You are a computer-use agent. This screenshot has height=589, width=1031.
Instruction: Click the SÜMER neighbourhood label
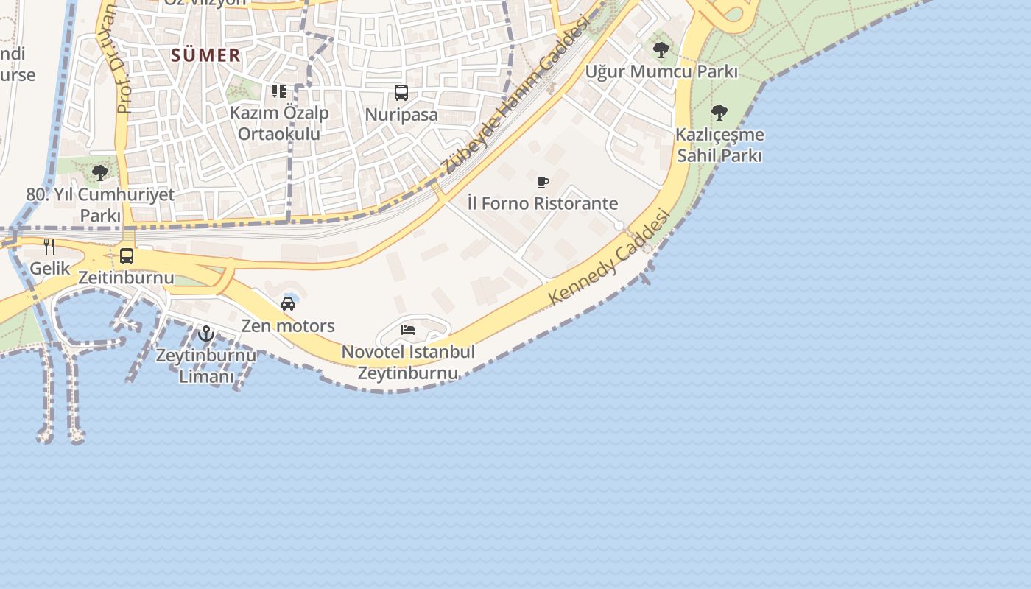(205, 55)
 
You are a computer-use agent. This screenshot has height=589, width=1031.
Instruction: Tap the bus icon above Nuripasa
(401, 93)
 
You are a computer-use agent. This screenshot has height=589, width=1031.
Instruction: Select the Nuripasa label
(401, 115)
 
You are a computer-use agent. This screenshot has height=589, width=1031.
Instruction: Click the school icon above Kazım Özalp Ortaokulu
(278, 91)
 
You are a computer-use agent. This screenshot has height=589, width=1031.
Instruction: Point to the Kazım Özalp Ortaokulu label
(279, 124)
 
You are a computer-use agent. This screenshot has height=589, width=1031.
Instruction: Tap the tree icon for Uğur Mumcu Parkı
(661, 50)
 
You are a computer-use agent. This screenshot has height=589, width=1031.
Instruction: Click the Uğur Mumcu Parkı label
(661, 72)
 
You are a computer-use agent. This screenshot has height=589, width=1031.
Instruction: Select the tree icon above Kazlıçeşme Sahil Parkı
(719, 113)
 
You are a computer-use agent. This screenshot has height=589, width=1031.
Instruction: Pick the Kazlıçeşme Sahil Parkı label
(720, 145)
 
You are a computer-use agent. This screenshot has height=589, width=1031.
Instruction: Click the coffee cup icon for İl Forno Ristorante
(543, 182)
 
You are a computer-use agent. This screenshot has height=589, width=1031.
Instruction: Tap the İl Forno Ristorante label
(543, 203)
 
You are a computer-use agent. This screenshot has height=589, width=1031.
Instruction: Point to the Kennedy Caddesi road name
(610, 257)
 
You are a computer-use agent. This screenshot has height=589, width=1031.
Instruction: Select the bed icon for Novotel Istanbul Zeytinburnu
(408, 330)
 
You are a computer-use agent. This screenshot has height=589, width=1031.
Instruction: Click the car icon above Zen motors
(288, 304)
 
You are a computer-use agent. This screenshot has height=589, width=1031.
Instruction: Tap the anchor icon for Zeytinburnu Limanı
(206, 334)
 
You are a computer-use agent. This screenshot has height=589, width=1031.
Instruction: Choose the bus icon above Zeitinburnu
(127, 256)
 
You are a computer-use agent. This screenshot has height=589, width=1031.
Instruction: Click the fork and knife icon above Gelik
(49, 247)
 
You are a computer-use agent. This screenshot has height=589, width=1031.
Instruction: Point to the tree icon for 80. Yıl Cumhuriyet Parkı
(100, 173)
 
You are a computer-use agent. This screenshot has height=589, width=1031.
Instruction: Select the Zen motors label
(288, 325)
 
